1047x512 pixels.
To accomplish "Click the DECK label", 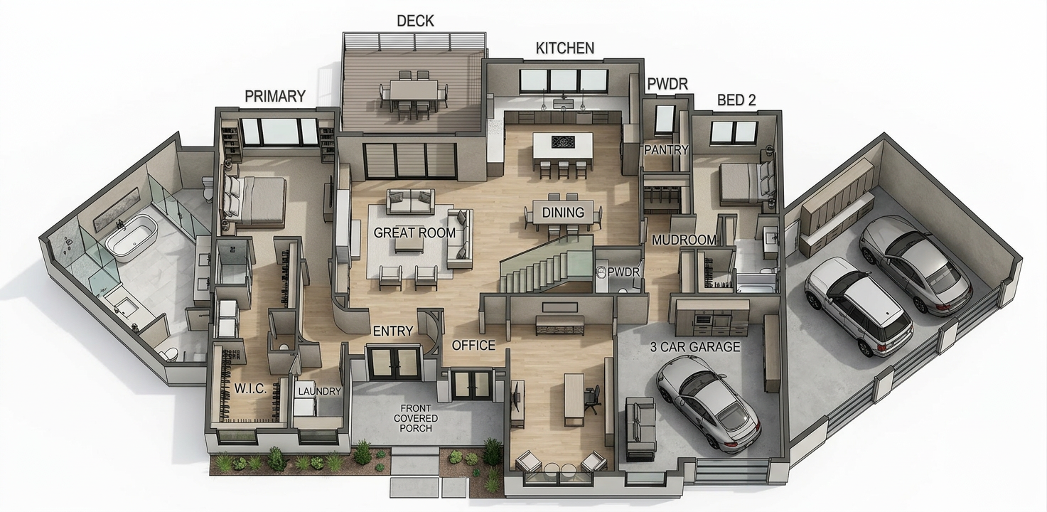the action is (x=415, y=21).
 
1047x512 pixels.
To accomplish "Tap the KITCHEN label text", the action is (x=564, y=48).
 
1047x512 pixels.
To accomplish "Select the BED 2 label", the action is (x=736, y=100).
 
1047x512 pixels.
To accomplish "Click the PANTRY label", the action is (x=666, y=150).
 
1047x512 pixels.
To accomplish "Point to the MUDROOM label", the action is (x=684, y=240).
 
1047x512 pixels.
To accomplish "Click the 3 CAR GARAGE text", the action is (x=695, y=347).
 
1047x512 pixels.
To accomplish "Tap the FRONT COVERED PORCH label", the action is (x=416, y=418).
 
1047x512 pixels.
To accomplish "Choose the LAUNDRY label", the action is (x=319, y=391).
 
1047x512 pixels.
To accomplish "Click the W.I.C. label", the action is (x=250, y=389).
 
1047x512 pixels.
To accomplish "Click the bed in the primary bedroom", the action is (x=254, y=200).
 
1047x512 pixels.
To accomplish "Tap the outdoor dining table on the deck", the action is (x=414, y=90).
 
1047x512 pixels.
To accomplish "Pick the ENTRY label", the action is (x=392, y=331).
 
